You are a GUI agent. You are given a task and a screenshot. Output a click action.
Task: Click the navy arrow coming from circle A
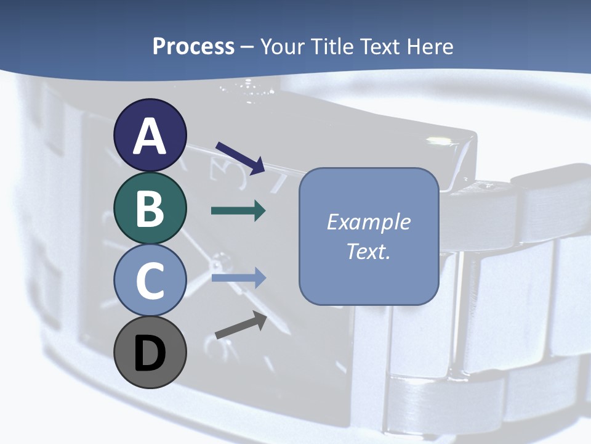(x=240, y=158)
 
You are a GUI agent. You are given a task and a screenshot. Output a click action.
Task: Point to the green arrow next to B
(x=238, y=211)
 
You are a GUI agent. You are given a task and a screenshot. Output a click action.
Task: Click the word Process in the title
(x=193, y=47)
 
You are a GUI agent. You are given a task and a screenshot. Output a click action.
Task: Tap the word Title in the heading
(x=332, y=47)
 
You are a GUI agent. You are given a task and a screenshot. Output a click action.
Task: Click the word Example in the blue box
(x=368, y=222)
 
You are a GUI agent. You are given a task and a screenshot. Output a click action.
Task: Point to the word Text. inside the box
(x=368, y=252)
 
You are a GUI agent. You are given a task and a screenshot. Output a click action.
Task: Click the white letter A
(x=150, y=137)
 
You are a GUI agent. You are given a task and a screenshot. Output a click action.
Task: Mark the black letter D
(x=150, y=354)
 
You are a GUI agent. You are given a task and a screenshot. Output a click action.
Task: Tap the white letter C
(x=150, y=281)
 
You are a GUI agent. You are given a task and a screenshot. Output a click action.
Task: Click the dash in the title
(x=247, y=47)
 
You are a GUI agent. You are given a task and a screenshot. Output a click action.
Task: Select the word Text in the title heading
(x=380, y=47)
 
